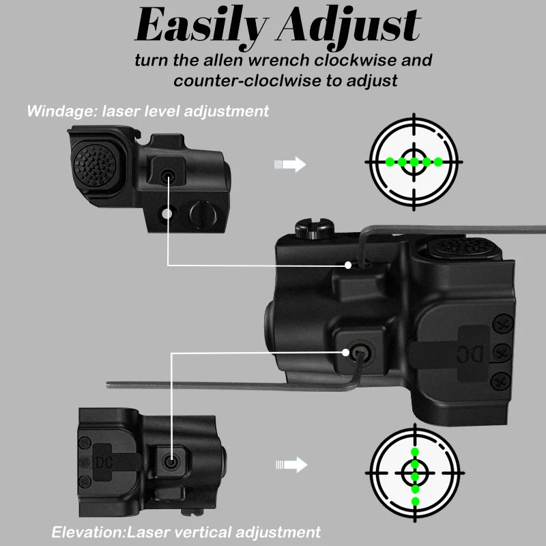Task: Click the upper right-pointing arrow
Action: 289,164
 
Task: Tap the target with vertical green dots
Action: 415,471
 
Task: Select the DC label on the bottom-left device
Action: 104,458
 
